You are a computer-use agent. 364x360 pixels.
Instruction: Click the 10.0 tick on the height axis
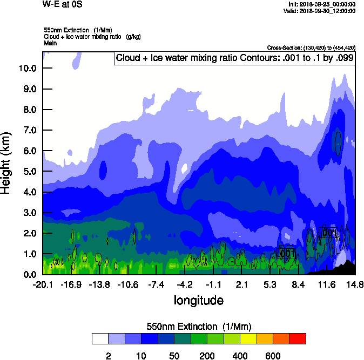point(27,68)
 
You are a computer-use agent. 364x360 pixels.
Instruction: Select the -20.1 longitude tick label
point(43,284)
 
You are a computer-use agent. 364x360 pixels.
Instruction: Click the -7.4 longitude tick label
point(156,284)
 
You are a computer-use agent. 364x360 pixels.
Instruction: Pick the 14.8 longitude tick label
point(355,284)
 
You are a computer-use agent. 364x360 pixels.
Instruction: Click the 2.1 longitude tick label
point(241,284)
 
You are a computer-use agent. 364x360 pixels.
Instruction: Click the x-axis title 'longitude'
point(198,300)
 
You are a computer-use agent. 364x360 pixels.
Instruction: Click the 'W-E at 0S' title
point(60,4)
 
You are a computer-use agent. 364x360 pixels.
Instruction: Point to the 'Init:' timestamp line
point(322,4)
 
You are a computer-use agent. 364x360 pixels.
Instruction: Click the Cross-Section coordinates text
point(311,47)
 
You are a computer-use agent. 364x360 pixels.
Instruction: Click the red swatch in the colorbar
point(297,338)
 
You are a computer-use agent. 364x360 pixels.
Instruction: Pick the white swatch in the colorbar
point(100,338)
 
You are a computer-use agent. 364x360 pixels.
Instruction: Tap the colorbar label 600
point(273,356)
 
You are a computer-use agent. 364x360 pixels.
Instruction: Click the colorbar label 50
point(174,356)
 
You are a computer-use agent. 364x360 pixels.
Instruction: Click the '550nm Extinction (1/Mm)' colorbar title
point(199,327)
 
